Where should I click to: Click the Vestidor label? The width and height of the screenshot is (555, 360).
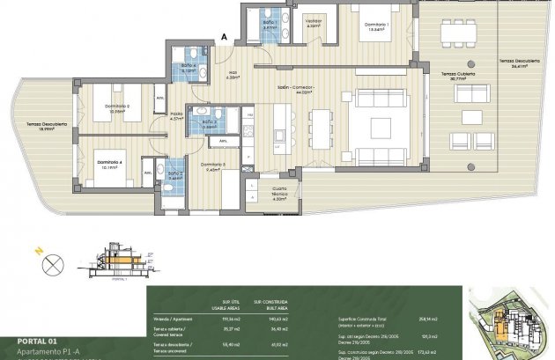[313, 21]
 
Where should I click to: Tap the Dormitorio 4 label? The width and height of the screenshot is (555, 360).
[109, 161]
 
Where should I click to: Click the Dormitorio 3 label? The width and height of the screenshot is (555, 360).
[213, 165]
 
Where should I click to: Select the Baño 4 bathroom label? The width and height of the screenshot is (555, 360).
[189, 67]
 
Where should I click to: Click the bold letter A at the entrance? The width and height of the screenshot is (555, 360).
[225, 37]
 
